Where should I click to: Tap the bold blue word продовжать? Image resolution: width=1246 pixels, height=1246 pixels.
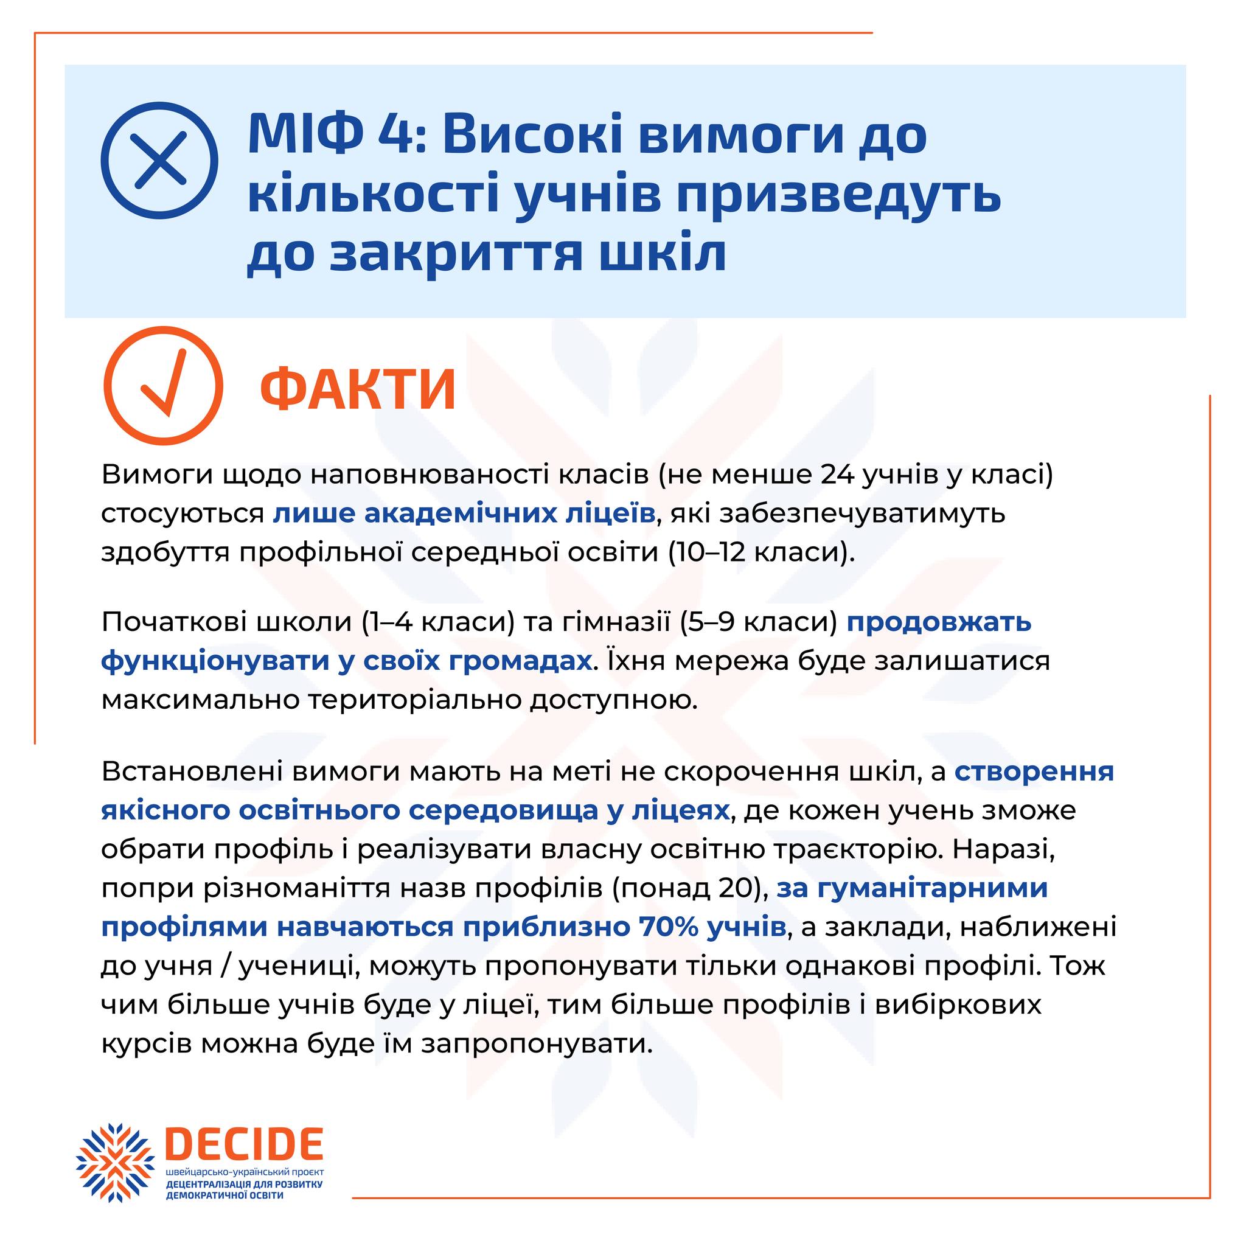[x=939, y=622]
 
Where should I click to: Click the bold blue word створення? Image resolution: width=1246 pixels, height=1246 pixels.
[x=1034, y=772]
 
